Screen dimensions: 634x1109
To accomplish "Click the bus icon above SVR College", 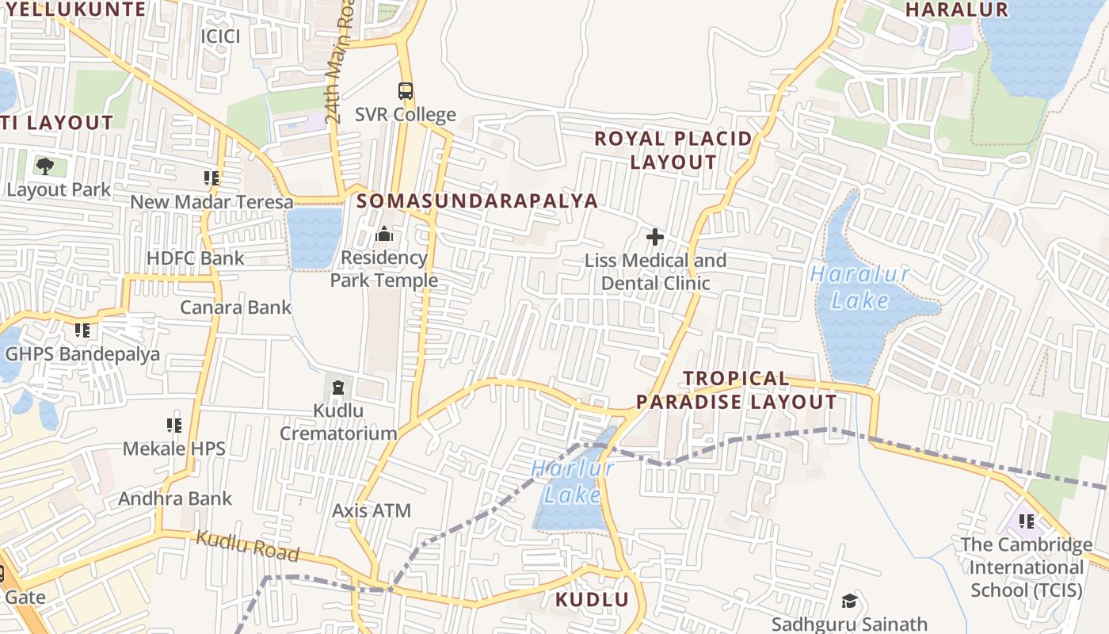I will (406, 90).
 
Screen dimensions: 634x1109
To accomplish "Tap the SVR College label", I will (406, 115).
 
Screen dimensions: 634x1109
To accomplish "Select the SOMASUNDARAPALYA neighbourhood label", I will (477, 201).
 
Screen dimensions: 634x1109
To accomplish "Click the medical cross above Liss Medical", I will (655, 236).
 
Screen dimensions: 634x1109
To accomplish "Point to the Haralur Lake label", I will (860, 288).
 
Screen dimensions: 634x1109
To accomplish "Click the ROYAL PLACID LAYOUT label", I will (673, 151).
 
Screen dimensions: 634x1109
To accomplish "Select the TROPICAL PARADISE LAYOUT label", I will (737, 390).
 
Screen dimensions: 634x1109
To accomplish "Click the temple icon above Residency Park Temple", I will (384, 234).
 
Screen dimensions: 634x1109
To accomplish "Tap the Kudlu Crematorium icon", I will (338, 388).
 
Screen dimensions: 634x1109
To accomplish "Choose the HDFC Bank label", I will (196, 258).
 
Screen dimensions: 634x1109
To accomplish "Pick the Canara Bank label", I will (236, 307).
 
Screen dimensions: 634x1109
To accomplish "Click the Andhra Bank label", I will (175, 499).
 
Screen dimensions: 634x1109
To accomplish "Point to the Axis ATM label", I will (372, 510).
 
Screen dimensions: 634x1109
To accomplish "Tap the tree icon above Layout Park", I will (45, 166).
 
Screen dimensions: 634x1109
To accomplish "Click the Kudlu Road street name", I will (247, 546).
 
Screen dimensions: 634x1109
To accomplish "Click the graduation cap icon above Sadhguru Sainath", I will (849, 601).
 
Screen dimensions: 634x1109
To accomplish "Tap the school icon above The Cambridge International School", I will (1027, 521).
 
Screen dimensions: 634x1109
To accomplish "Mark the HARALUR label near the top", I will (956, 10).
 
